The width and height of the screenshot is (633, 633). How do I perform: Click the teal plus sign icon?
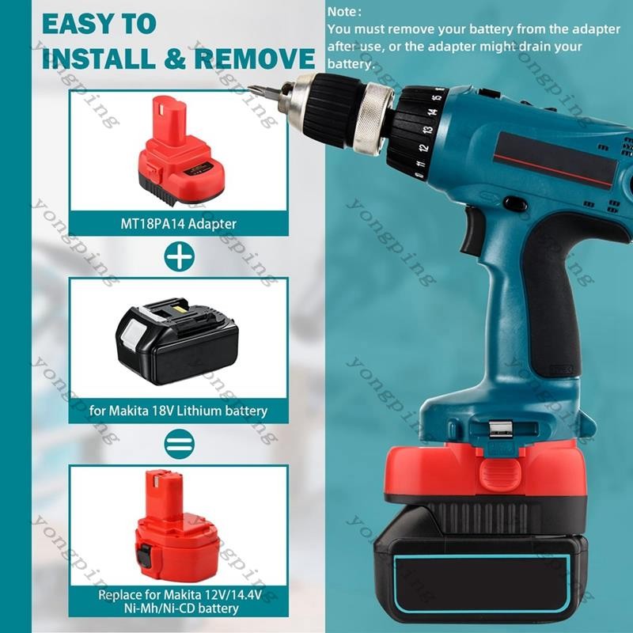click(180, 256)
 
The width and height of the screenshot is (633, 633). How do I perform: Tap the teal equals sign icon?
click(180, 444)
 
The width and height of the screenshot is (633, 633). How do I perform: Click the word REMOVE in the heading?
click(255, 58)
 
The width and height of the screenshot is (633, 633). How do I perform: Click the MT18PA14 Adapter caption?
click(179, 224)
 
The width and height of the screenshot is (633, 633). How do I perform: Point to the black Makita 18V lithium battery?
click(176, 341)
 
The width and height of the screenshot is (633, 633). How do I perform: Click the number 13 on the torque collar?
click(427, 130)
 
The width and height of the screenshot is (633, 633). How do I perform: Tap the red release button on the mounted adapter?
click(500, 472)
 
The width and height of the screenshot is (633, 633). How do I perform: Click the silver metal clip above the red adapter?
click(500, 430)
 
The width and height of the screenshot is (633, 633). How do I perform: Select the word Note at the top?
click(342, 12)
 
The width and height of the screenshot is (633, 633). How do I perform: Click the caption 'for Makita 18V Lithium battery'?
click(179, 411)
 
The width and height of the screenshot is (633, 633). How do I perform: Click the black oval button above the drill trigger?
click(513, 203)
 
